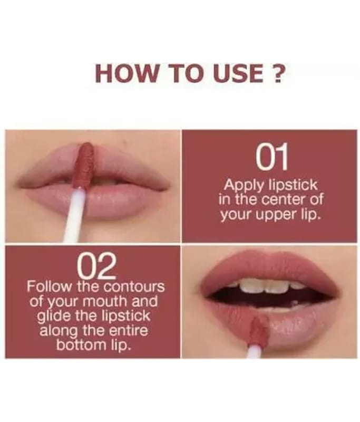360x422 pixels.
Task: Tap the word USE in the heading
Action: coord(239,73)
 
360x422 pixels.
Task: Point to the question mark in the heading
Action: coord(276,73)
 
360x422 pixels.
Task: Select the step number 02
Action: coord(97,266)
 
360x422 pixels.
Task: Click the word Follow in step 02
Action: coord(49,286)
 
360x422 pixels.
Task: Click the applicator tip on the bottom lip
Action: coord(258,331)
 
